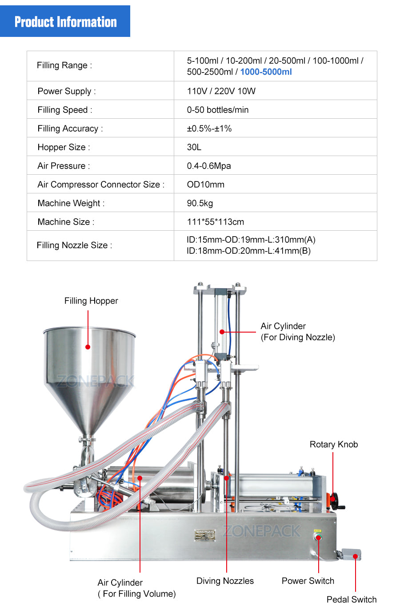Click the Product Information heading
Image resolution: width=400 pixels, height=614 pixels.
click(65, 21)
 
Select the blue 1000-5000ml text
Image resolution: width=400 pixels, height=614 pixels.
click(266, 72)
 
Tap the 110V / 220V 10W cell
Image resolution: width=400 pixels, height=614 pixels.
click(221, 91)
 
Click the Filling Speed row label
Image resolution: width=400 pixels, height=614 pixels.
click(65, 110)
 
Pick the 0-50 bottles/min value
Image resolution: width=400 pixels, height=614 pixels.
click(217, 110)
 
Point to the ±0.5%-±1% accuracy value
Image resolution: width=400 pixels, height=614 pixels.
click(209, 128)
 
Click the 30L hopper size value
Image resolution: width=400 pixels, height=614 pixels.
click(194, 147)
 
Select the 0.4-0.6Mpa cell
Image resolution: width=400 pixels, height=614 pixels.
click(208, 166)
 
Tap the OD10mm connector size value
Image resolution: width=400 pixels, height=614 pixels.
click(205, 185)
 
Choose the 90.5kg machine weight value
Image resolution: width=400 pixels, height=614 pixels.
click(200, 203)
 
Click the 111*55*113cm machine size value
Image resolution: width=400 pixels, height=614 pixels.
click(215, 222)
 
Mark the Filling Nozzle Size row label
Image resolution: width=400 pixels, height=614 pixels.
click(74, 245)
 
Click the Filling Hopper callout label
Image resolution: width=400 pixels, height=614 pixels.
click(91, 301)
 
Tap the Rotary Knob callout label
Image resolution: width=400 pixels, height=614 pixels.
click(333, 445)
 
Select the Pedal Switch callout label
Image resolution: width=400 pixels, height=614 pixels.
click(351, 599)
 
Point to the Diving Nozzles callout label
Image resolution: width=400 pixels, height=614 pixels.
click(225, 581)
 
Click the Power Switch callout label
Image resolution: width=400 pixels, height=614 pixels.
click(308, 581)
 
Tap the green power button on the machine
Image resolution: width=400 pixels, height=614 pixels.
click(318, 538)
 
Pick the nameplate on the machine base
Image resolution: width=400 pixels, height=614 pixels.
click(204, 535)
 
